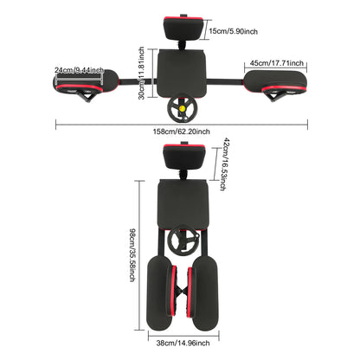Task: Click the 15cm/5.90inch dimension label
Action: pos(233,31)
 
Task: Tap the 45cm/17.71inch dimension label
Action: pos(277,63)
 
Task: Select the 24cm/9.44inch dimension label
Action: pos(79,70)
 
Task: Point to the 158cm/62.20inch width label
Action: pos(181,132)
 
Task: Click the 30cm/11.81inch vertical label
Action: pos(141,74)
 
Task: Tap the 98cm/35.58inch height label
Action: pos(132,255)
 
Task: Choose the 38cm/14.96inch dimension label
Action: pos(183,343)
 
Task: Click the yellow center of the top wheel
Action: pos(183,109)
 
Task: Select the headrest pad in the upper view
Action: pos(183,29)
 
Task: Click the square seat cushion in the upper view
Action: pos(181,74)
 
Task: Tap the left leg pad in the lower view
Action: pos(161,292)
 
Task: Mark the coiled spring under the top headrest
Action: pos(183,45)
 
